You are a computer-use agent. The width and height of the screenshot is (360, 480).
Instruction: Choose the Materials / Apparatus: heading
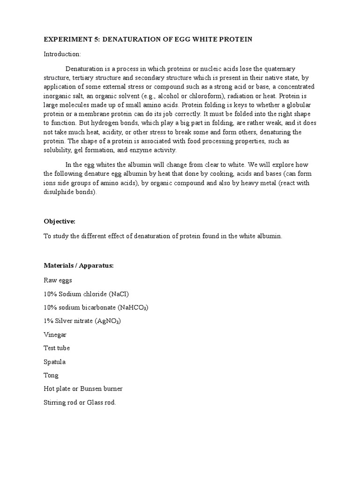tap(79, 266)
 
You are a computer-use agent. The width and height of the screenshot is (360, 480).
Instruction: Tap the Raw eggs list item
tap(58, 280)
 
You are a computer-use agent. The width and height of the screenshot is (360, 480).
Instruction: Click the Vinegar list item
tap(55, 335)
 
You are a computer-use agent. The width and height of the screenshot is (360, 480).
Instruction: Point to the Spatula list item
tap(55, 362)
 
